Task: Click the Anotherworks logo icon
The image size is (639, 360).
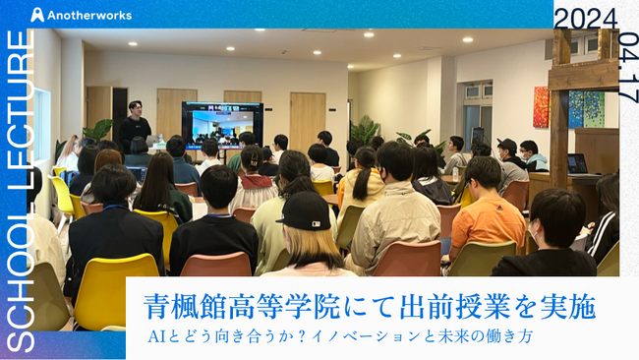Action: [37, 15]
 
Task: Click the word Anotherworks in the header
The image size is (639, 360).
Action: [88, 15]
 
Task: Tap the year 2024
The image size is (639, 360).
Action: [586, 19]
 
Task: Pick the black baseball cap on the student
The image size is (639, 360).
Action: [303, 210]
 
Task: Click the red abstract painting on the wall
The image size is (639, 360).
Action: [541, 106]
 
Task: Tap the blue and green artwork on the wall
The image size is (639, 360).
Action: [586, 109]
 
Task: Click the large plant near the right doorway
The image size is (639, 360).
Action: [365, 130]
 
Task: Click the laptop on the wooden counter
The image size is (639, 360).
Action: [577, 163]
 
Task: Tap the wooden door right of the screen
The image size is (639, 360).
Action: [307, 120]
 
